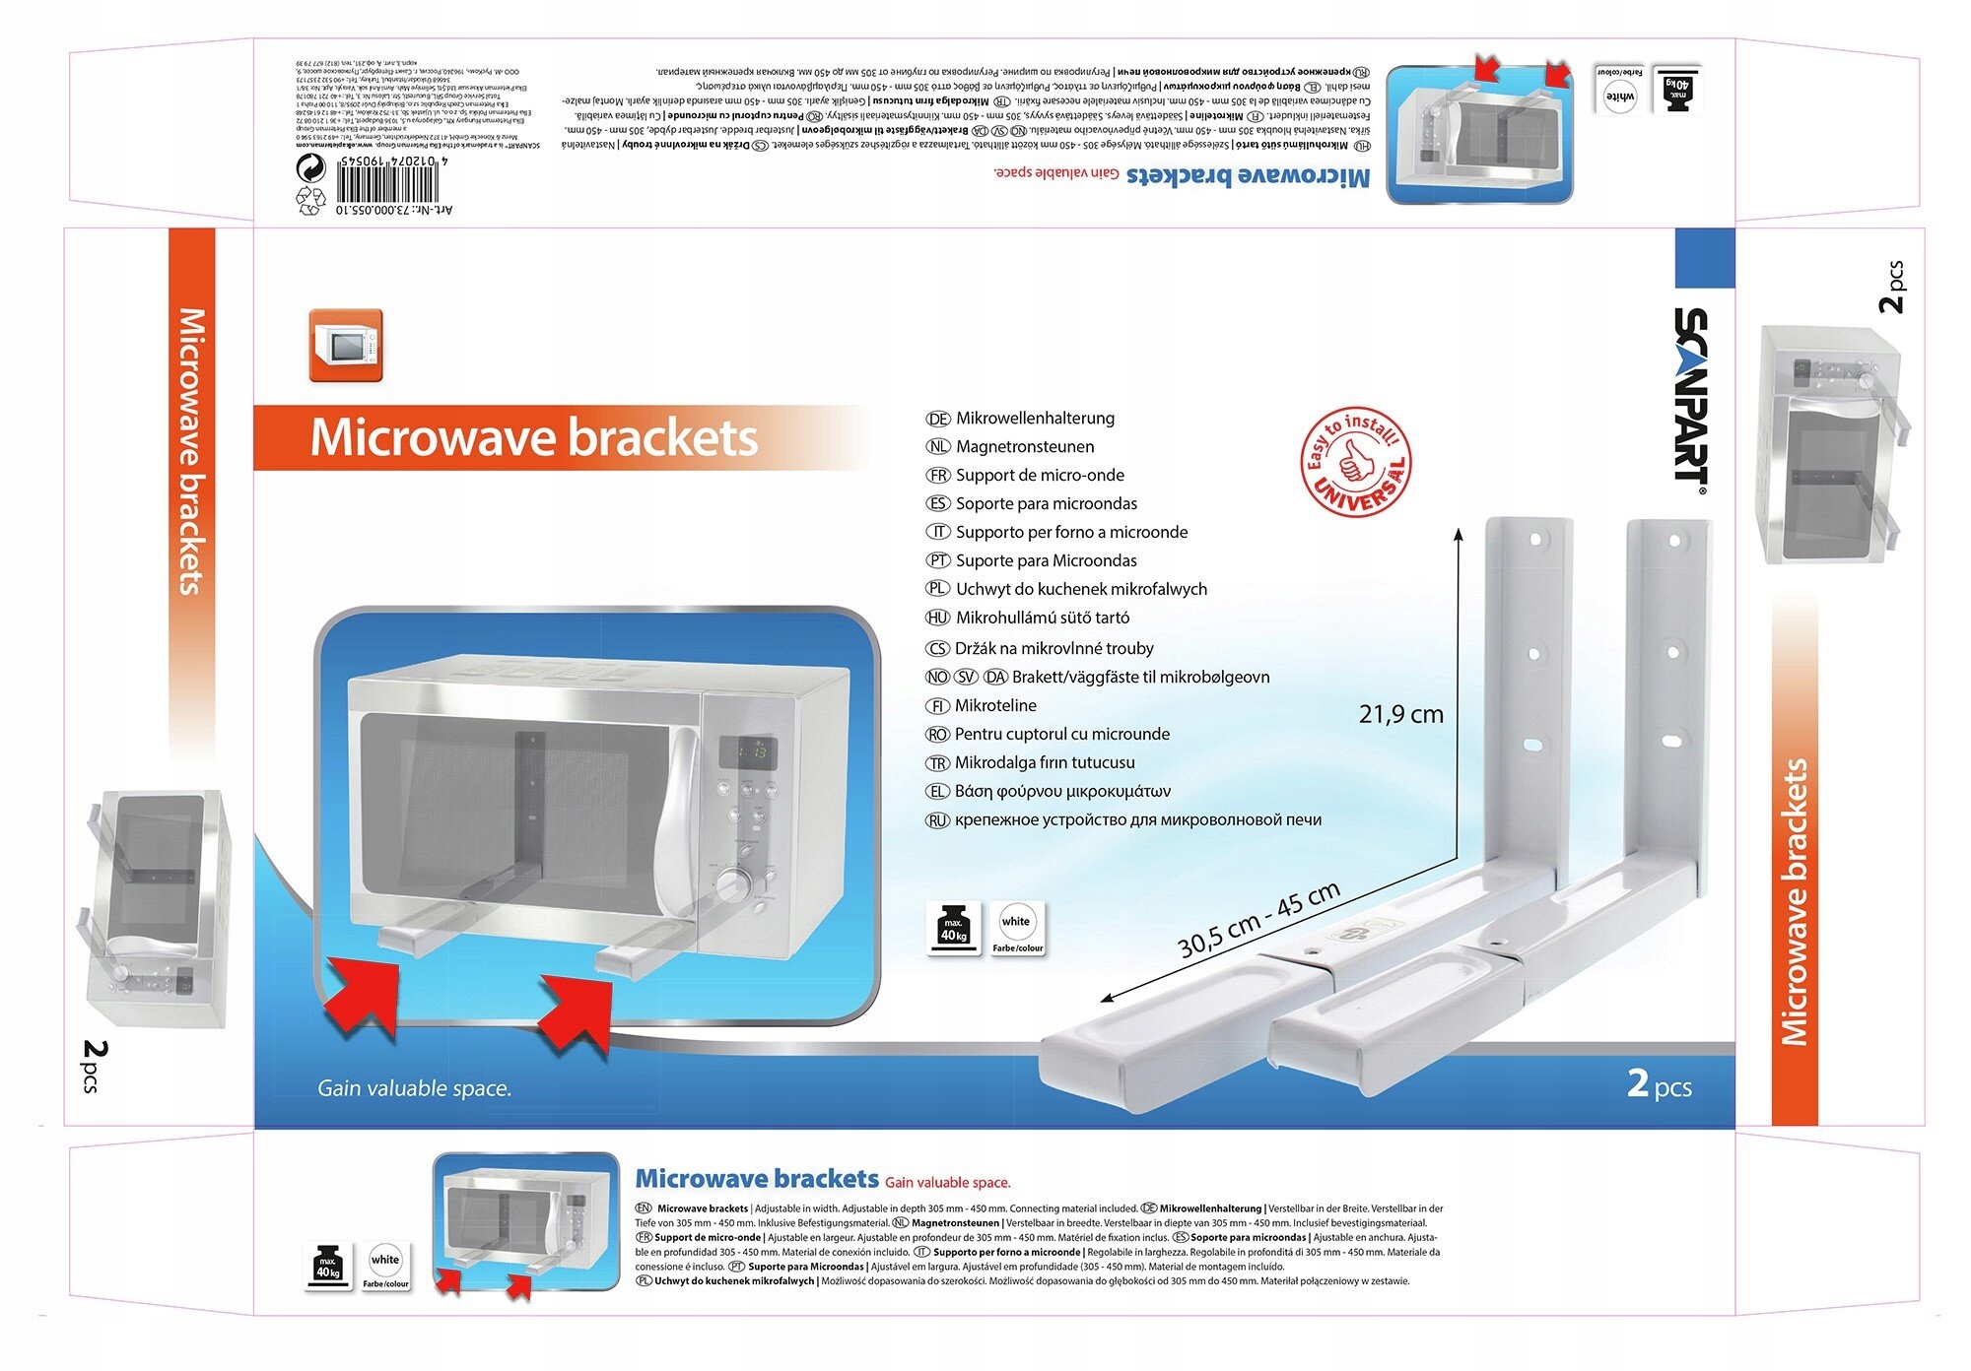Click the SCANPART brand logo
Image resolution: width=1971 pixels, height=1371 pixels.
[1691, 394]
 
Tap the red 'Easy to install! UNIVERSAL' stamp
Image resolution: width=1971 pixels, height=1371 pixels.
[1356, 462]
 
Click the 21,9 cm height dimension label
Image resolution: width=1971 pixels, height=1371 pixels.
[1400, 714]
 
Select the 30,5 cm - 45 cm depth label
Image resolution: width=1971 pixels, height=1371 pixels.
[1258, 919]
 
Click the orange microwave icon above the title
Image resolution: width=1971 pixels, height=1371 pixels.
[345, 346]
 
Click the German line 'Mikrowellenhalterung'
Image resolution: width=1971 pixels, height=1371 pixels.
[1035, 419]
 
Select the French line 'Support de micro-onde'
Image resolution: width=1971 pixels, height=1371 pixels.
[1040, 476]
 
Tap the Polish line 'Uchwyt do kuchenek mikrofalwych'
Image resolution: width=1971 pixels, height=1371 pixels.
[1081, 589]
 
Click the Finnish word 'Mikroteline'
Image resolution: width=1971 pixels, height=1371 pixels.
[995, 705]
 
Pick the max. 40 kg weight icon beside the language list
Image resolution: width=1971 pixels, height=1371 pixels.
[953, 928]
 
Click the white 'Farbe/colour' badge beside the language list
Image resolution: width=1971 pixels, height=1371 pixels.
[1016, 928]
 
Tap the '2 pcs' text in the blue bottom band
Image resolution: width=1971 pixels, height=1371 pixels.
[1659, 1084]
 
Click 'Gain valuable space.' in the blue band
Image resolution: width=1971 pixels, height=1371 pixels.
[414, 1088]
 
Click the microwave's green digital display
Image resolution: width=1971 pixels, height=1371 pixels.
[746, 752]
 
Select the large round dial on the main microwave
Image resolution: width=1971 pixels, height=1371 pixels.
[732, 883]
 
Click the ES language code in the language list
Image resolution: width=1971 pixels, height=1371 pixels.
[937, 504]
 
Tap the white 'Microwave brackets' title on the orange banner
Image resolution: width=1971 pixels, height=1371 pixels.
[533, 438]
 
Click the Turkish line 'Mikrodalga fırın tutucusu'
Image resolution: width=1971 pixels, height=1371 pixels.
[1045, 762]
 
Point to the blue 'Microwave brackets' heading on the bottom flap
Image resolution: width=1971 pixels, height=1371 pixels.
[756, 1179]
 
